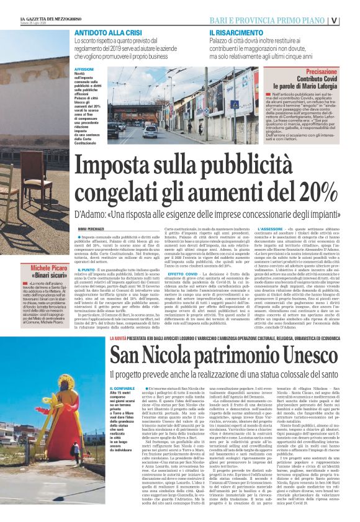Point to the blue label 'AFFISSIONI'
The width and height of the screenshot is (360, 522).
click(x=84, y=69)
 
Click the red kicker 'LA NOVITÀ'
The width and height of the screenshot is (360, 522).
click(x=119, y=338)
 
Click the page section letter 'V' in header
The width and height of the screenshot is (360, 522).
click(x=352, y=19)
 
